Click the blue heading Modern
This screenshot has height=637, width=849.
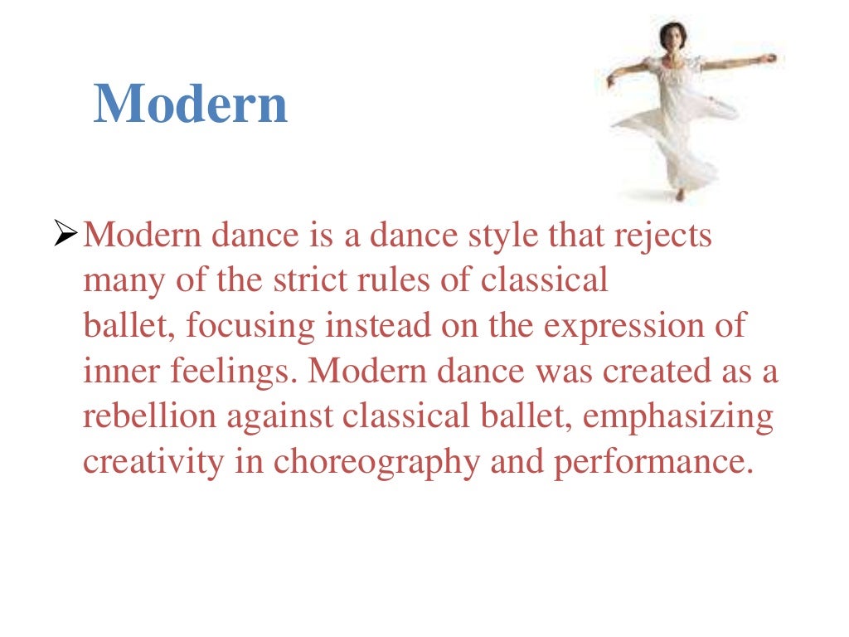point(191,105)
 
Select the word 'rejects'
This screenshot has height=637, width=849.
point(662,236)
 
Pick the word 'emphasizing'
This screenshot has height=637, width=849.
point(677,416)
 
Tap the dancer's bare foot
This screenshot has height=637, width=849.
point(680,196)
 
